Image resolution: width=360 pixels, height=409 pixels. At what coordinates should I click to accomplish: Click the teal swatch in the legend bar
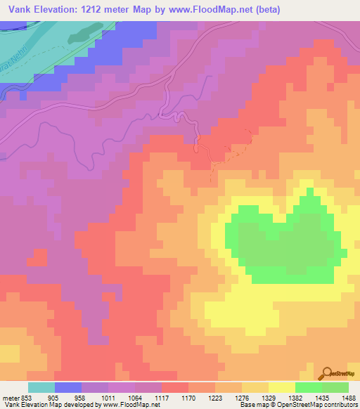point(41,387)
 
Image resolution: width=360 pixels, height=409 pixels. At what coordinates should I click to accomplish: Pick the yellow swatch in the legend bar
point(281,387)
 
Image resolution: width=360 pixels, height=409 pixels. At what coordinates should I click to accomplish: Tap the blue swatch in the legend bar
point(68,387)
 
